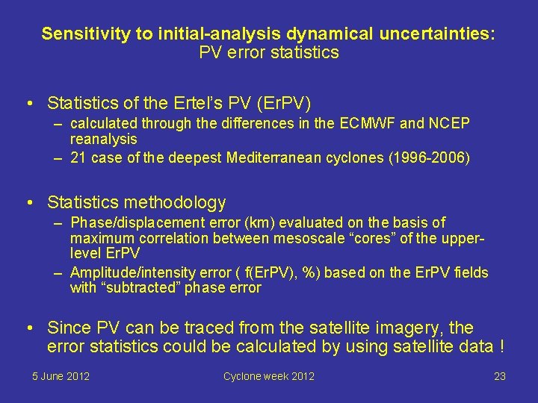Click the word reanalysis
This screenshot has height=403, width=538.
click(103, 139)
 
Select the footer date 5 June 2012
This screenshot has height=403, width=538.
click(61, 376)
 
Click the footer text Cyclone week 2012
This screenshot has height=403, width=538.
click(269, 376)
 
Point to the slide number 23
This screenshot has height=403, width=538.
click(500, 376)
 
